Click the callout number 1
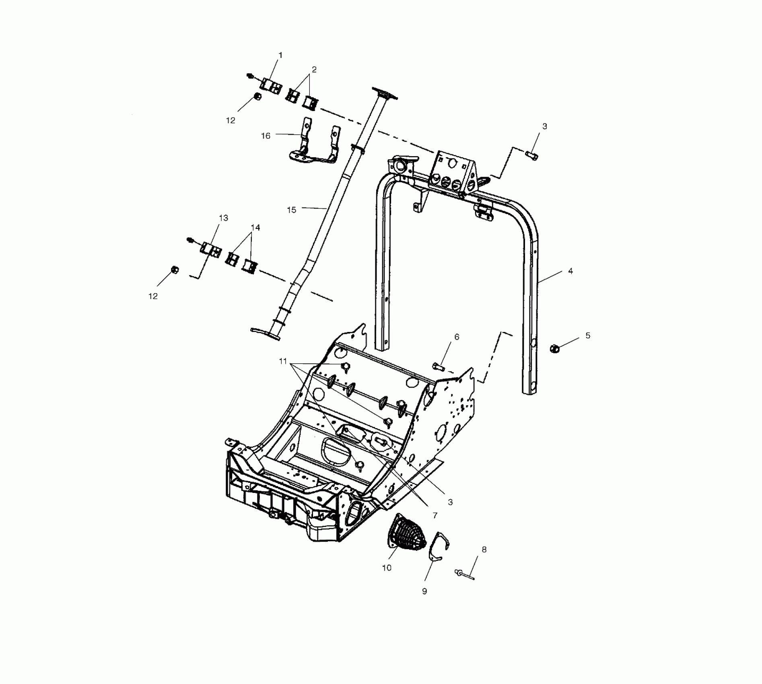coord(280,55)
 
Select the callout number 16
coord(266,136)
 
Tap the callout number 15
coord(292,210)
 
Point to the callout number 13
coord(223,218)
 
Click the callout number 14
coord(255,227)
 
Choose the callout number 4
coord(570,271)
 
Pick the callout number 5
coord(588,336)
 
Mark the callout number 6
coord(457,337)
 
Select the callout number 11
coord(283,361)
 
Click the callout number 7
coord(434,515)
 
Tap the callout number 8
coord(484,549)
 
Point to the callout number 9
coord(424,591)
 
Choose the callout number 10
coord(387,568)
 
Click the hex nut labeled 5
coord(554,348)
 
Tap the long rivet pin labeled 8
coord(465,574)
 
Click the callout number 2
coord(314,70)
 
